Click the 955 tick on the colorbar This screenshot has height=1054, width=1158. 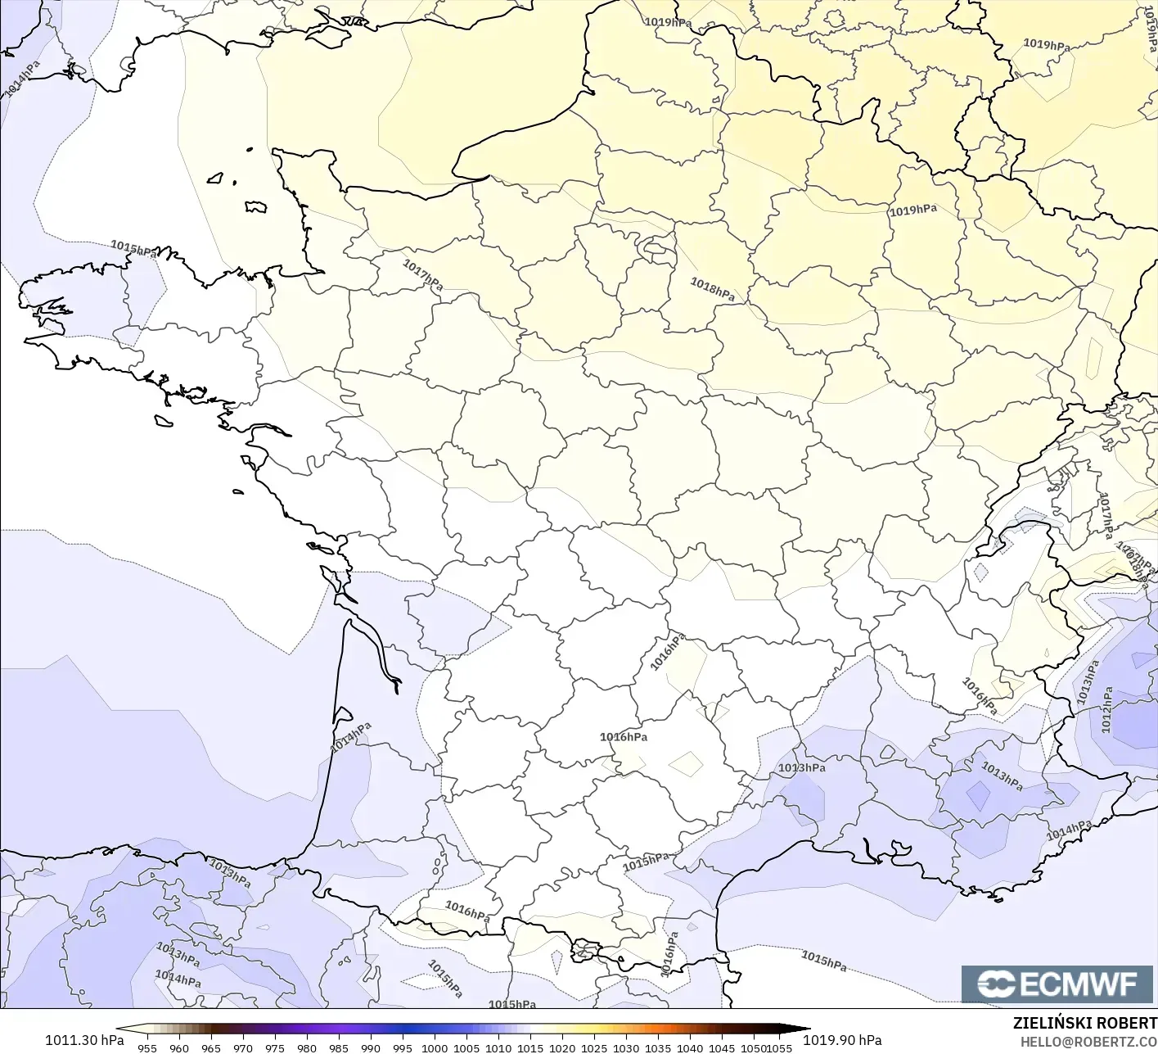[146, 1047]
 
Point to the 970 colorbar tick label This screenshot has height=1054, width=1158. [242, 1047]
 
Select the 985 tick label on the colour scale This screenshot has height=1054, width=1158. [338, 1047]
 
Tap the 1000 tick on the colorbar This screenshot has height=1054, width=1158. [434, 1047]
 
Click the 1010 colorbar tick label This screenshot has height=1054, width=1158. [498, 1047]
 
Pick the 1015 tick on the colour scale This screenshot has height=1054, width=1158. [530, 1047]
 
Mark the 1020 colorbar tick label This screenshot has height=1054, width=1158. [562, 1047]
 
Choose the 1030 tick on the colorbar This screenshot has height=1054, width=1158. [626, 1047]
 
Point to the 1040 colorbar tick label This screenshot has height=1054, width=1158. [690, 1047]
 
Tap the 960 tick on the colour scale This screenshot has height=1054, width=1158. [178, 1047]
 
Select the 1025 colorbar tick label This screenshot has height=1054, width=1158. [594, 1047]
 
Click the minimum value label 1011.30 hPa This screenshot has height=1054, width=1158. [84, 1040]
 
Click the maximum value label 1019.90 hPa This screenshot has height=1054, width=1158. [842, 1040]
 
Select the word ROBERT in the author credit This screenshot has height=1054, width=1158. [1130, 1024]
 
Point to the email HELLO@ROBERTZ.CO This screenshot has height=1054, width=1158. [1088, 1041]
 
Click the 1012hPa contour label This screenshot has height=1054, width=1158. [1106, 710]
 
